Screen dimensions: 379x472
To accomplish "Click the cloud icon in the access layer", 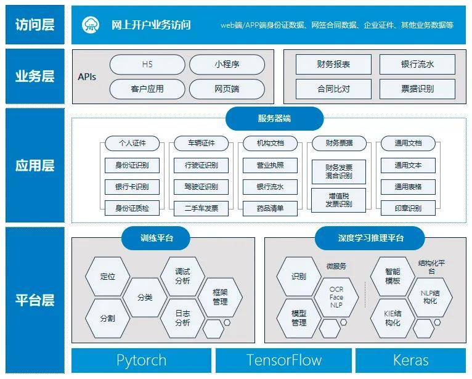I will pos(91,25).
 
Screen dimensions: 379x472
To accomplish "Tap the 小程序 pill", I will pos(227,65).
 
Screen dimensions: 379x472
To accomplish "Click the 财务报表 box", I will pos(333,65).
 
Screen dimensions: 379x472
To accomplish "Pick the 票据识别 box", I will pos(417,89).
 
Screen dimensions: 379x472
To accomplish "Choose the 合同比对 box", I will pos(333,89).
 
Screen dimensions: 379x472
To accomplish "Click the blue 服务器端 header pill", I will pos(274,119).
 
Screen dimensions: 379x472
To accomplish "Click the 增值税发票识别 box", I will pos(338,199).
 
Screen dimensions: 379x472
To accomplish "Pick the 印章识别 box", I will pos(408,208).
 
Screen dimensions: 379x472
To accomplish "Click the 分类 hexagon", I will pos(145,297).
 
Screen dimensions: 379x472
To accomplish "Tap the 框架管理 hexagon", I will pos(220,297).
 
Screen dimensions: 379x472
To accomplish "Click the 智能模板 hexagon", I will pos(392,275).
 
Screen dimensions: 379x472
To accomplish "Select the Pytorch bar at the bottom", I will pos(141,361).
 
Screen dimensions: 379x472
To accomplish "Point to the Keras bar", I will pos(411,361).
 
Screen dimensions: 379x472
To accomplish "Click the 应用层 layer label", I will pos(35,166).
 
